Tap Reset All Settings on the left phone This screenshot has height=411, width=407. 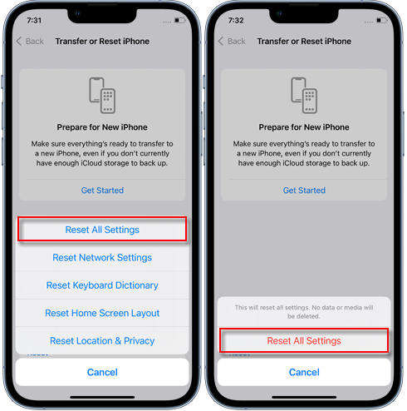[x=102, y=230]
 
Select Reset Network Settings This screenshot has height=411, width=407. [x=102, y=257]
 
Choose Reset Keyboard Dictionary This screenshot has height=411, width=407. [x=102, y=285]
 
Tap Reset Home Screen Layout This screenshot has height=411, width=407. [x=102, y=313]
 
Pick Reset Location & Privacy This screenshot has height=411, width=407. [x=102, y=340]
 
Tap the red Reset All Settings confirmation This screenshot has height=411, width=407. [x=304, y=340]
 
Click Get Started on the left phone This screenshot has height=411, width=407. [x=102, y=191]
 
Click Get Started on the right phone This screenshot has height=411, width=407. [x=304, y=191]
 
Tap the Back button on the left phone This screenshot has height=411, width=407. [x=30, y=41]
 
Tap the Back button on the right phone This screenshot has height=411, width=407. [x=232, y=41]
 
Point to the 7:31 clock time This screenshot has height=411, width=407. [x=34, y=20]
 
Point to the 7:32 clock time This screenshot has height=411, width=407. [x=236, y=20]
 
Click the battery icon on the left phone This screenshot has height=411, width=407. [x=180, y=20]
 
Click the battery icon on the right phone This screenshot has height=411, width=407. [x=382, y=20]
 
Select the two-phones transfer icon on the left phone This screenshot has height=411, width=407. [x=102, y=95]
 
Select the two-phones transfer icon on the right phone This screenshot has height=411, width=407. [x=304, y=95]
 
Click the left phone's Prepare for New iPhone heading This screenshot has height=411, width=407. [x=102, y=127]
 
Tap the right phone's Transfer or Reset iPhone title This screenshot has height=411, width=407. [x=304, y=41]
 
